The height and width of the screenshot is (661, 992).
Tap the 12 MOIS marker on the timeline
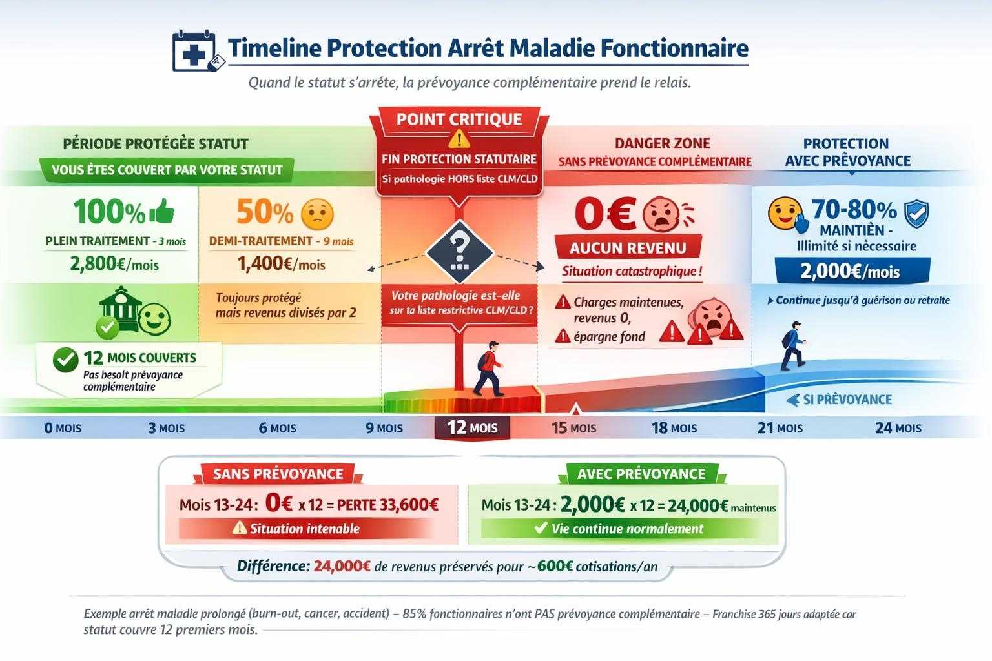click(472, 427)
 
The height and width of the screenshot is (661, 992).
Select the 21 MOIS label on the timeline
click(780, 427)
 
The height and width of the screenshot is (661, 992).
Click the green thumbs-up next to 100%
click(162, 210)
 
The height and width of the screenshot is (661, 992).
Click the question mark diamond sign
click(459, 252)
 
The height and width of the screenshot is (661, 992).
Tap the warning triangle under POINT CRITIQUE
click(459, 137)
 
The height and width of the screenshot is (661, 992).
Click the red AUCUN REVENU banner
click(628, 248)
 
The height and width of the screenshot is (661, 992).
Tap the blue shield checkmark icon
click(916, 214)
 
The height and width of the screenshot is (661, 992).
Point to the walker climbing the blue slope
click(792, 345)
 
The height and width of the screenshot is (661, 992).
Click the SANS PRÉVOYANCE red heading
click(278, 474)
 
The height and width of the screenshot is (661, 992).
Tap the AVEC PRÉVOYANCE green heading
click(641, 474)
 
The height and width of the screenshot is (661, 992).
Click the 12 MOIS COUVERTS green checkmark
click(66, 360)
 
